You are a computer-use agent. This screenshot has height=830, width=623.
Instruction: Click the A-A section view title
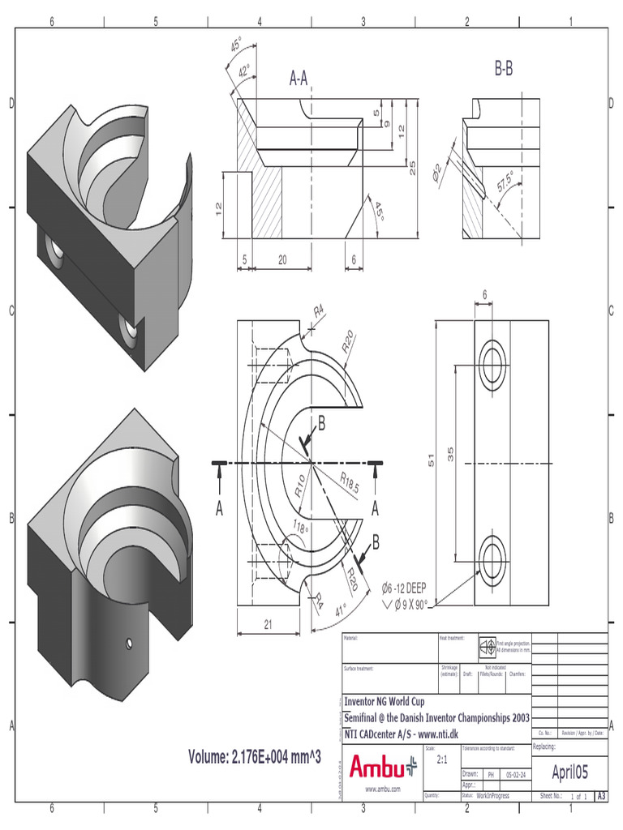(299, 78)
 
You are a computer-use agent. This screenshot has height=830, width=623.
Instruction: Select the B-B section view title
(503, 70)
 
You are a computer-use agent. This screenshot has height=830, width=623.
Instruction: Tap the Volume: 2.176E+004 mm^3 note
(256, 757)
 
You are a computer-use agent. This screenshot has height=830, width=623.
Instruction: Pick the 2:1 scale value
(443, 760)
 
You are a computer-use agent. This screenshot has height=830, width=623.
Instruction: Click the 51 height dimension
(432, 460)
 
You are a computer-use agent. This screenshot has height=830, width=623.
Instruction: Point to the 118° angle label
(299, 528)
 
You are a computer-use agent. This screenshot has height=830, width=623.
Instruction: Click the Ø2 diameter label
(437, 171)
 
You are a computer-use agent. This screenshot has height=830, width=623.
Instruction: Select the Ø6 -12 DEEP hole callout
(406, 588)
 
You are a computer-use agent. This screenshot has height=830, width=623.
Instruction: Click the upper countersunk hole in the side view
(492, 357)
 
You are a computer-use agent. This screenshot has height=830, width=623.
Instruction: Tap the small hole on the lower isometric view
(129, 644)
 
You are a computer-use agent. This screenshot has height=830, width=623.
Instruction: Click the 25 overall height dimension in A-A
(412, 168)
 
